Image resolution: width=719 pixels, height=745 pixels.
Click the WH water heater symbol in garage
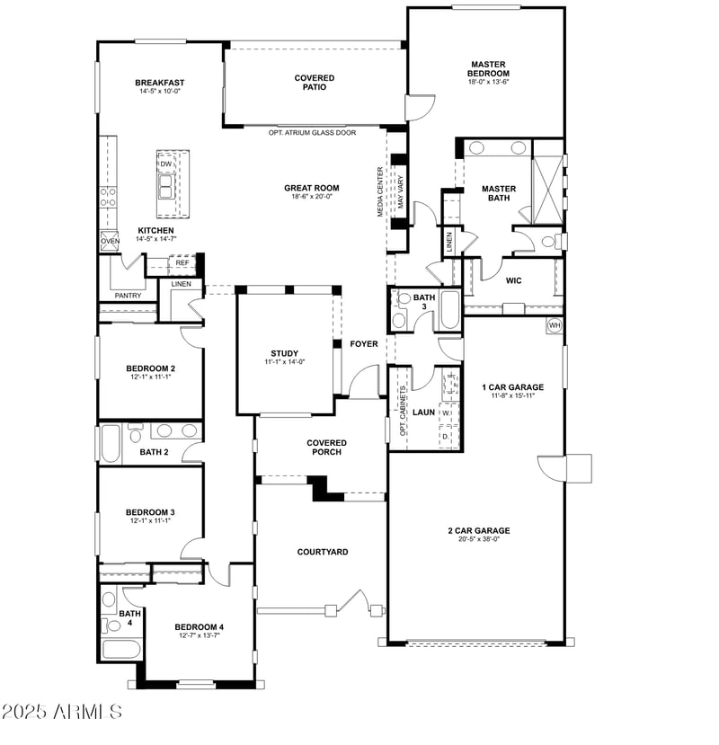pos(555,324)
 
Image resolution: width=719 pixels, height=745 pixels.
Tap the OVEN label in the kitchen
pos(110,241)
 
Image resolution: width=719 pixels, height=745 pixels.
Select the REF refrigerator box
pos(182,263)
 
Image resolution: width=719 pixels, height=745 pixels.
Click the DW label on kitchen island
pos(166,164)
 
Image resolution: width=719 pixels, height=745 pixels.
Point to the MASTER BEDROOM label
pos(489,68)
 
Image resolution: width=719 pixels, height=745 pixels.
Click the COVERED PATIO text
pos(315,83)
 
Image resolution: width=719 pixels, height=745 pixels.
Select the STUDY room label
pos(285,353)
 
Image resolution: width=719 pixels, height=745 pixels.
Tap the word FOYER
pos(364,343)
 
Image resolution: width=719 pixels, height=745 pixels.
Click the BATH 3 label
pos(423,302)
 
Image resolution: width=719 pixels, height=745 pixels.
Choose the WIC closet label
pos(513,280)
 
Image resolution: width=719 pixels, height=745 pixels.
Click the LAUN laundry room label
pos(423,412)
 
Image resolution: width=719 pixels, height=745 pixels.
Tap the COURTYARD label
pos(323,552)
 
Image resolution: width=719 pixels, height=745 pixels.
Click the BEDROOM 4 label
pos(199,626)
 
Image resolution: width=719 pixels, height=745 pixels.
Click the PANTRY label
pos(128,296)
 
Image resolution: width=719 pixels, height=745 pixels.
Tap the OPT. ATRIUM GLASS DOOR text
pos(312,132)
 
